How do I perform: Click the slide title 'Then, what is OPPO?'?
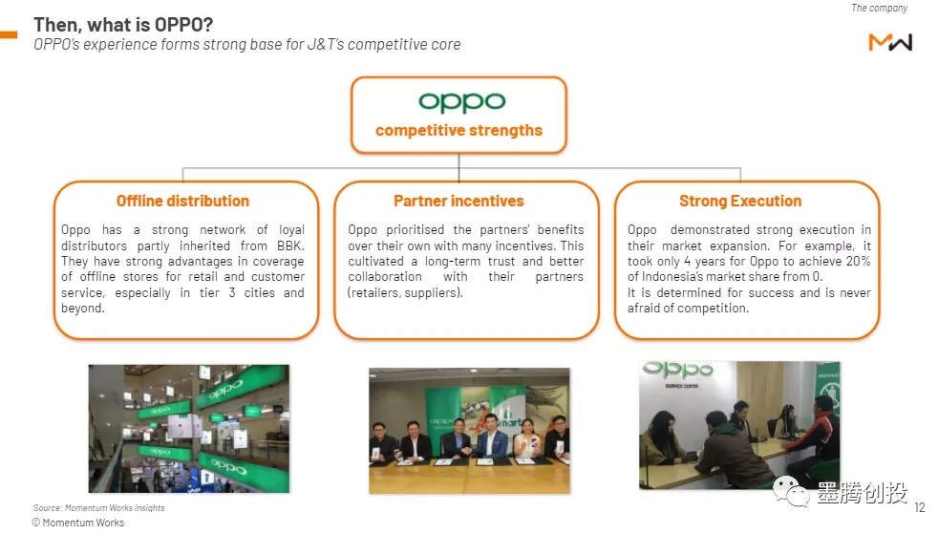pos(123,25)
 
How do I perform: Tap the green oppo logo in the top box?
pos(461,102)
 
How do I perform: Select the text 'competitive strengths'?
pos(458,130)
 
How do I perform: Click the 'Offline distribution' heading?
pos(183,201)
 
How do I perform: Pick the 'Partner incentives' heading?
pos(458,201)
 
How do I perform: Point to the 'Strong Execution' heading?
pos(740,201)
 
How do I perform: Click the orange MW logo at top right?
pos(890,42)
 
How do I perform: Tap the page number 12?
pos(920,507)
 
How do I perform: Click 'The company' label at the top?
pos(880,8)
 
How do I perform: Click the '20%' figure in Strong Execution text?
pos(858,262)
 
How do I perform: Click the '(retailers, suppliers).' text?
pos(406,293)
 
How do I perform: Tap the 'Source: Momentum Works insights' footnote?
pos(98,507)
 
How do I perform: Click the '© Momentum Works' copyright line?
pos(78,523)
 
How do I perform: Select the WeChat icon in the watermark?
pos(792,491)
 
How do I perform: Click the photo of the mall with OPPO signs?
pos(189,429)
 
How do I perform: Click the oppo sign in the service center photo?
pos(678,370)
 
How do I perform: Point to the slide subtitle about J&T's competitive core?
pos(247,45)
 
